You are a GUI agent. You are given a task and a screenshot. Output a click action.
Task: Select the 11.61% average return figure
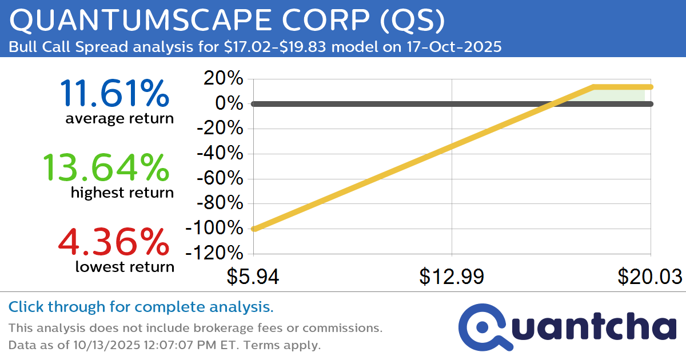(114, 93)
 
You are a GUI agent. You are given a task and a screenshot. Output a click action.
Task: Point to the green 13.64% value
(106, 168)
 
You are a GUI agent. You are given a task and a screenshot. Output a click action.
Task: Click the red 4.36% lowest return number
(114, 241)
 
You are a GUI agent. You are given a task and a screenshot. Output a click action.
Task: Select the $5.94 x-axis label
(253, 277)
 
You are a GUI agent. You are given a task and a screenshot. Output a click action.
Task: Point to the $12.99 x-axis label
(452, 277)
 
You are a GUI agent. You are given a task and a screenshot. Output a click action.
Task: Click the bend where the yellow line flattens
(593, 87)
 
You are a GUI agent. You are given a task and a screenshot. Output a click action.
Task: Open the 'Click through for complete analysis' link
(141, 307)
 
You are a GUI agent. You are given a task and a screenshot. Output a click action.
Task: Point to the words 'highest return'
(122, 193)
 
